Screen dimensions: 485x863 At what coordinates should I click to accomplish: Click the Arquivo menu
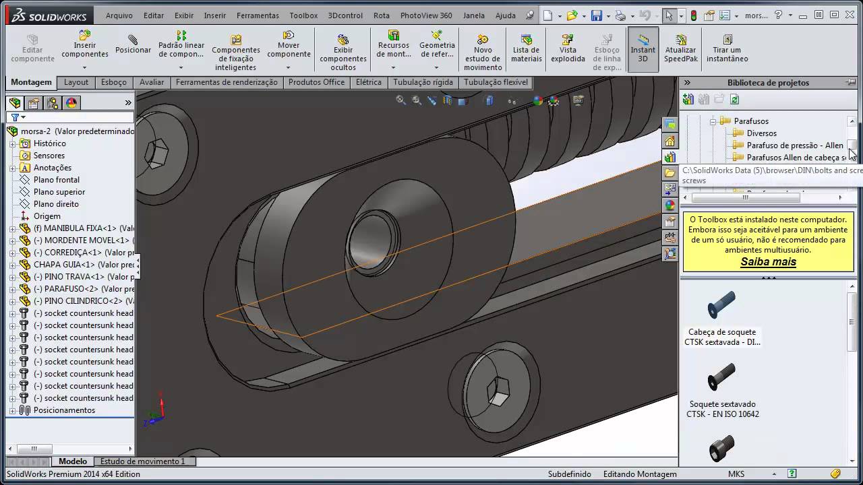(x=119, y=15)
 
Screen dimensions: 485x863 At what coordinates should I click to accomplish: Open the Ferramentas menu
(x=258, y=15)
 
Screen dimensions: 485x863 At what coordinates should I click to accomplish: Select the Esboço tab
(x=113, y=82)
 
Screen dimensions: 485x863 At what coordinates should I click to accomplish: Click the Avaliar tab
(x=152, y=82)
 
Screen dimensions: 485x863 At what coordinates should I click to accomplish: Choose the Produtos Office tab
(x=316, y=82)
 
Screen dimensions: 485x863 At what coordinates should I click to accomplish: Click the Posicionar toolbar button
(x=133, y=44)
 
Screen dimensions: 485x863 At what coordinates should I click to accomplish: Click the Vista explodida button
(x=568, y=48)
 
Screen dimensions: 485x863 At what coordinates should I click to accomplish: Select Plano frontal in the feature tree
(x=56, y=180)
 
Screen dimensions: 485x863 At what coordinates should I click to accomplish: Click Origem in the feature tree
(x=47, y=216)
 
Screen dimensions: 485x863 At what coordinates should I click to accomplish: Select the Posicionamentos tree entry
(x=64, y=410)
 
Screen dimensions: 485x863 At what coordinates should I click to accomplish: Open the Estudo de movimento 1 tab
(x=142, y=461)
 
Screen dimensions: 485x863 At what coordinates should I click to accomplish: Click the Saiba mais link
(x=768, y=262)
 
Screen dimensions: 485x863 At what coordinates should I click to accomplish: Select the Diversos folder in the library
(x=761, y=133)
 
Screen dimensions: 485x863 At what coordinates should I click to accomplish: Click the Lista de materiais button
(x=526, y=48)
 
